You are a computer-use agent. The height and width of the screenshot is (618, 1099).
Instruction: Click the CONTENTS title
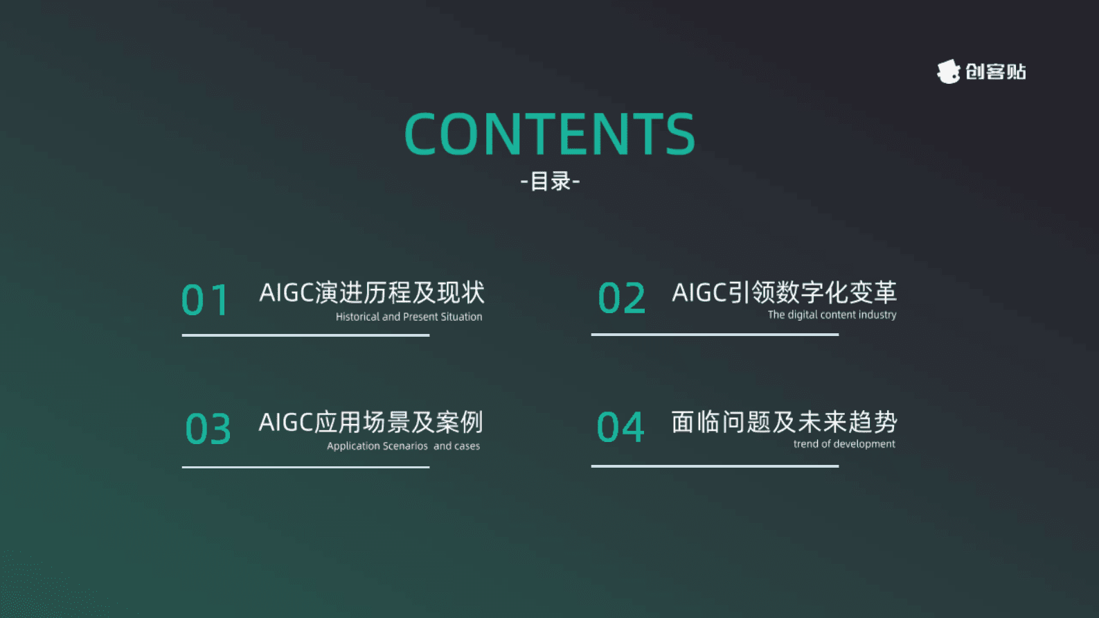point(549,134)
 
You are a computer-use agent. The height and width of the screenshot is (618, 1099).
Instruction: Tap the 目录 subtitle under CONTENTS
point(550,182)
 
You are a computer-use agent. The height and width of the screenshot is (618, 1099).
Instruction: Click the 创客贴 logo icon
point(948,71)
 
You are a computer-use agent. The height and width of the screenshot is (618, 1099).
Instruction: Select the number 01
point(206,301)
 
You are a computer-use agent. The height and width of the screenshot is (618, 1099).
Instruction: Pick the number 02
point(621,299)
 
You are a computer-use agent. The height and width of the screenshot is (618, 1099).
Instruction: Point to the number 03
point(208,429)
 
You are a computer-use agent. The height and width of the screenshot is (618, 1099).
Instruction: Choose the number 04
point(620,427)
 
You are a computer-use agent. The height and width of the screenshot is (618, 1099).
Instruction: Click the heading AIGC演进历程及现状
point(372,293)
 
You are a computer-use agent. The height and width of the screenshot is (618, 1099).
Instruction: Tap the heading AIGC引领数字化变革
point(784,292)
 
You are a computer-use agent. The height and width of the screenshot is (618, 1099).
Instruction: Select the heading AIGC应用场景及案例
point(370,422)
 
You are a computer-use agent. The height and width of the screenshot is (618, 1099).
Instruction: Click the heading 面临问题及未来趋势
point(784,421)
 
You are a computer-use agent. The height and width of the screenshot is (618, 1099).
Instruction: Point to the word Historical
point(357,317)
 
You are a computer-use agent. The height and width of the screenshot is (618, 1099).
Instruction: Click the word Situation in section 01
point(461,317)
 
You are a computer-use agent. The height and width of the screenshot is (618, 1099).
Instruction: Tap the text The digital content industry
point(832,315)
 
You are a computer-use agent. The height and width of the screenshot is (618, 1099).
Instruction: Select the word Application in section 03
point(353,446)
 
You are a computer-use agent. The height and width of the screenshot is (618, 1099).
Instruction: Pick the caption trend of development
point(844,444)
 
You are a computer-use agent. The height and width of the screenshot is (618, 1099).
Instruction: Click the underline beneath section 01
point(305,335)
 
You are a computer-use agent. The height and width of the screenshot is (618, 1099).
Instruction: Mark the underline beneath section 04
point(715,466)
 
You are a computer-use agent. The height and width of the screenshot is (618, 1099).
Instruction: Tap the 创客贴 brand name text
point(996,72)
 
